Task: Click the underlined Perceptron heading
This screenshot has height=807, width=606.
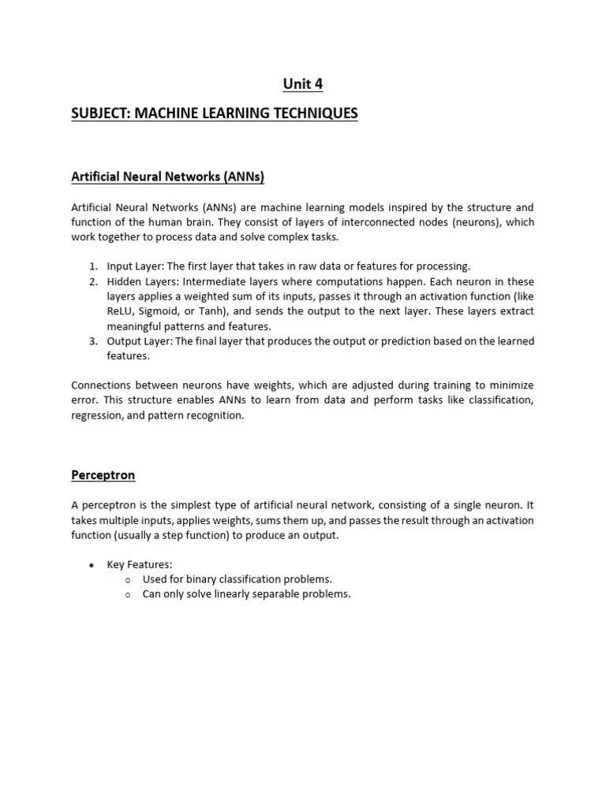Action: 103,475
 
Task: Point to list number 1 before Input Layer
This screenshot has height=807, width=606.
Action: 92,266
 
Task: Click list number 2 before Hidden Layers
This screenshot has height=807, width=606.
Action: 92,281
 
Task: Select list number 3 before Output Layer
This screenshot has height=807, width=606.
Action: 92,341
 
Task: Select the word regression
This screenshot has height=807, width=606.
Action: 96,415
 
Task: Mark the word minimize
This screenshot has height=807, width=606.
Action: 510,385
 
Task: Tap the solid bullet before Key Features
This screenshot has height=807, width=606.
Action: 92,565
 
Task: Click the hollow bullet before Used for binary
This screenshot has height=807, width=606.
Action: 128,580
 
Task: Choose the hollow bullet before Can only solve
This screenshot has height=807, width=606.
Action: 128,595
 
